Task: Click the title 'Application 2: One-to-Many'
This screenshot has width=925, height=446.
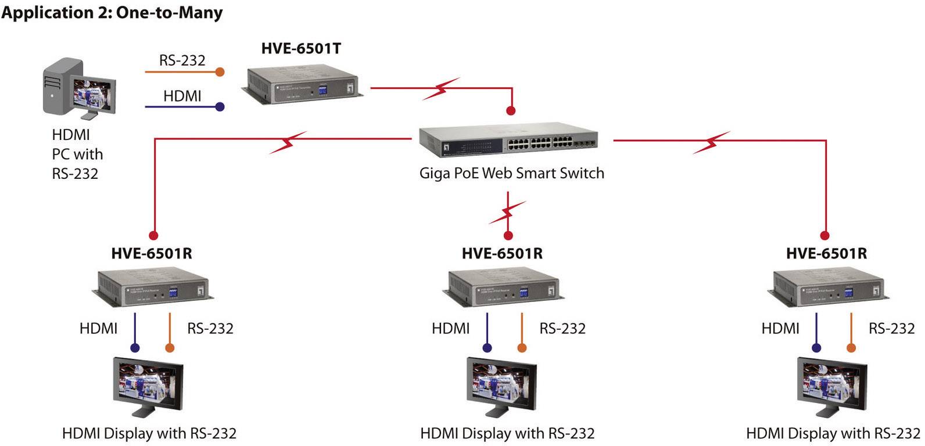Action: pos(112,12)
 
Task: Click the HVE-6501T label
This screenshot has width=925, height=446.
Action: pos(301,49)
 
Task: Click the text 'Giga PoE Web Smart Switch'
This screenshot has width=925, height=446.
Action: pos(511,173)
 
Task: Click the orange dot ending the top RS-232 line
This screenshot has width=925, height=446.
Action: pos(220,72)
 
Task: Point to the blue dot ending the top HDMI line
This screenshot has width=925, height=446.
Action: pos(220,107)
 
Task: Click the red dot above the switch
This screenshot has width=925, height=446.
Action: pos(511,110)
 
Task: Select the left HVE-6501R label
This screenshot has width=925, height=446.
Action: pos(152,253)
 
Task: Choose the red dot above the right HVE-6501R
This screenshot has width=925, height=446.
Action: pos(824,235)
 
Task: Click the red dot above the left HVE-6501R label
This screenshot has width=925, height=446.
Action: pos(153,235)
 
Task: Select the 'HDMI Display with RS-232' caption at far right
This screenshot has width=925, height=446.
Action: pos(833,433)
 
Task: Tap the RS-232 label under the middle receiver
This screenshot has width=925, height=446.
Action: pos(562,329)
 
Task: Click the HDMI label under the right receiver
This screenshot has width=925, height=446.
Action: pos(780,329)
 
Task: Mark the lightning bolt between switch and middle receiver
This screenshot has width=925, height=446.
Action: pos(508,213)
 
